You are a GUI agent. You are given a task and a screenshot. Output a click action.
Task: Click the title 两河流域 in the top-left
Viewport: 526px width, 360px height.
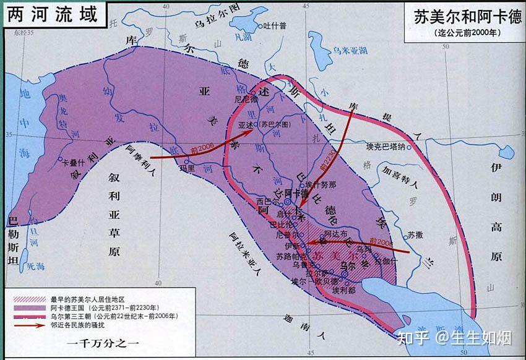pos(52,14)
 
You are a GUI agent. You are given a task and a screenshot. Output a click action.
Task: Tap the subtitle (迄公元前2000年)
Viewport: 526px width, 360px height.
pos(465,33)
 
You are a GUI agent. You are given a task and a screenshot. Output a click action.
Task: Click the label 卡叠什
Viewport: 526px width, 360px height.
pos(73,163)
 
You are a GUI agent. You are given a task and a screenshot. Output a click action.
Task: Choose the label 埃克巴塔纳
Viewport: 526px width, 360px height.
pos(386,147)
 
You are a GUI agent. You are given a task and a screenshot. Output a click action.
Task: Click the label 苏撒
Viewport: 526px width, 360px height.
pos(415,236)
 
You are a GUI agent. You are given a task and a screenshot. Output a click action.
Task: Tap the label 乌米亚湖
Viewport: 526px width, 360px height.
pos(351,49)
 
